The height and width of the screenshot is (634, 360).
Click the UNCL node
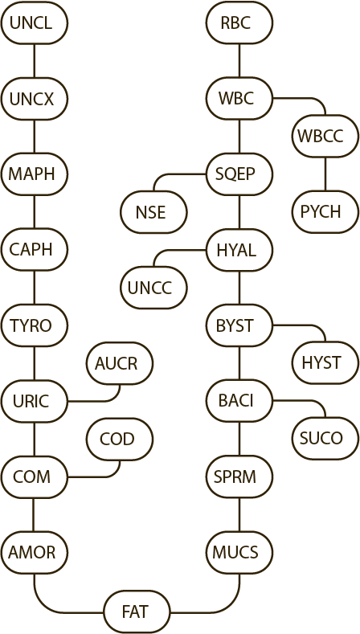click(x=34, y=22)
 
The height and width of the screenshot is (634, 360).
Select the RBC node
click(x=239, y=22)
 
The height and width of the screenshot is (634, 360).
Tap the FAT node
click(x=137, y=612)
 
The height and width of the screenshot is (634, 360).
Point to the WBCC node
click(x=325, y=137)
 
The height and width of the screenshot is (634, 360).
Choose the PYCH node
click(x=325, y=212)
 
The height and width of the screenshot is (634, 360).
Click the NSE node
click(x=153, y=212)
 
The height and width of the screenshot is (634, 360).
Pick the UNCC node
click(x=153, y=288)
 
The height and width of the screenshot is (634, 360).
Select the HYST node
click(x=325, y=363)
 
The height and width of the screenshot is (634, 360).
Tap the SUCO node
click(x=325, y=439)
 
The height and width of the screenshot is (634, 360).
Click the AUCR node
click(x=120, y=363)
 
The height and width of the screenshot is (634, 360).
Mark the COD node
click(x=120, y=439)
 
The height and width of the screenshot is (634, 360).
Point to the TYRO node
click(x=34, y=325)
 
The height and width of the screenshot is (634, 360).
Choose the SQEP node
click(x=239, y=174)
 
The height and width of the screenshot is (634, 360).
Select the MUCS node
click(x=239, y=552)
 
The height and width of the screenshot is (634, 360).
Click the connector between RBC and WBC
click(x=239, y=60)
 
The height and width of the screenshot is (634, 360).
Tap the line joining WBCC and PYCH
click(x=325, y=174)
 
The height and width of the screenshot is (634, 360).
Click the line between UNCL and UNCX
click(x=34, y=60)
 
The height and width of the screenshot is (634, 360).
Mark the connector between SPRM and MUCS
click(x=239, y=515)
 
